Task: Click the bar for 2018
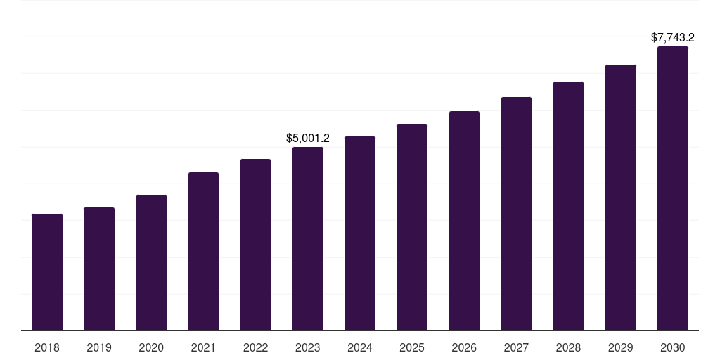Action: [47, 272]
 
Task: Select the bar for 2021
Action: [203, 251]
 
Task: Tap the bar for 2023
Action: [308, 238]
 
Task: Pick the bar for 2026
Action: [464, 221]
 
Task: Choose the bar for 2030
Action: [673, 188]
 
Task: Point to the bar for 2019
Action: [99, 269]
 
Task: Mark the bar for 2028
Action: [568, 206]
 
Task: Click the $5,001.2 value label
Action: [308, 139]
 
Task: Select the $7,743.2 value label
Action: [673, 37]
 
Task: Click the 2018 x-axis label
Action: [47, 347]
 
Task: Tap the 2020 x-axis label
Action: [151, 347]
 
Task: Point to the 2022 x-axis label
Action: [255, 347]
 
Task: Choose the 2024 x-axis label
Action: [360, 347]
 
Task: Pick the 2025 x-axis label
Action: [412, 347]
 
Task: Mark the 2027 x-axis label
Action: [516, 347]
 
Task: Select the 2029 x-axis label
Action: [621, 347]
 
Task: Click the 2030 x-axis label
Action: [673, 347]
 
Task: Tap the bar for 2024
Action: [360, 233]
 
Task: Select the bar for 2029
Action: [621, 198]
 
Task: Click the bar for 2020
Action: [151, 262]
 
